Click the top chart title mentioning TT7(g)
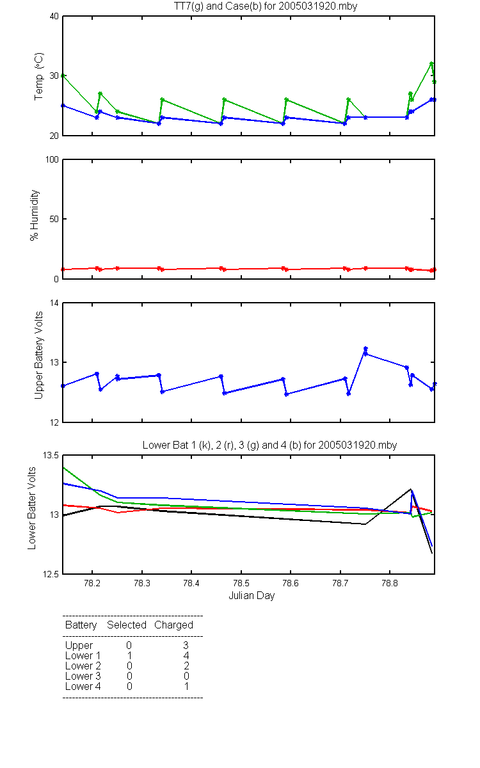tap(266, 6)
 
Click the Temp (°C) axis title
tap(39, 76)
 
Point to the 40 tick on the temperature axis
tap(54, 17)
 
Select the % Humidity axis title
tap(35, 215)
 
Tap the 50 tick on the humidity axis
tap(54, 219)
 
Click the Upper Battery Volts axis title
tap(39, 355)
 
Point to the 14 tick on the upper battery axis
tap(54, 303)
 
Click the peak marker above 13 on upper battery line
tap(365, 349)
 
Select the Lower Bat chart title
tap(269, 445)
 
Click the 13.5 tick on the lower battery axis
tap(51, 455)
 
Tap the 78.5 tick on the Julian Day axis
tap(241, 583)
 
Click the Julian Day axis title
tap(252, 596)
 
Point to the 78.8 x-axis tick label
tap(390, 583)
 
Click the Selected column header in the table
tap(127, 625)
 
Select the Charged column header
tap(173, 625)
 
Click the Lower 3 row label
tap(83, 676)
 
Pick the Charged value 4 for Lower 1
tap(186, 655)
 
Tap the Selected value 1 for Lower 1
tap(129, 655)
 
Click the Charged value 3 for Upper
tap(186, 645)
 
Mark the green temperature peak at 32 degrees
tap(431, 63)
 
